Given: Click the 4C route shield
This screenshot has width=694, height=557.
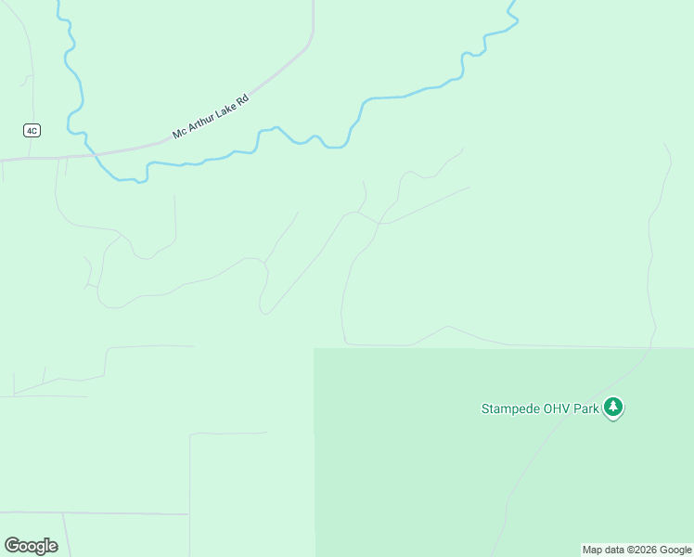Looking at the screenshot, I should [32, 130].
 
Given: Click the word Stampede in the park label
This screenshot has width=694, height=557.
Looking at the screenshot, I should [508, 408].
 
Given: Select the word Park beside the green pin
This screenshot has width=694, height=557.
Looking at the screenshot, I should [585, 408].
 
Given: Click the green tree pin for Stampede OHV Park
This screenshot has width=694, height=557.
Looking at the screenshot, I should [612, 407].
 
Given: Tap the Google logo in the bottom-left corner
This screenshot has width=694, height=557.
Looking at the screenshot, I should [31, 546].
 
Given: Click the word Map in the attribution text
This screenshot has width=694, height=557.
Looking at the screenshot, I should [592, 550].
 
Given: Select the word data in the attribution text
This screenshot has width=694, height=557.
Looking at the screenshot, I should [613, 550].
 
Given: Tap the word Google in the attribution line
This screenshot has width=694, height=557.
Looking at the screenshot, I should [675, 550].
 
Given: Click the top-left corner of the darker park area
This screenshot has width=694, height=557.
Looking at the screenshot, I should [315, 350].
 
